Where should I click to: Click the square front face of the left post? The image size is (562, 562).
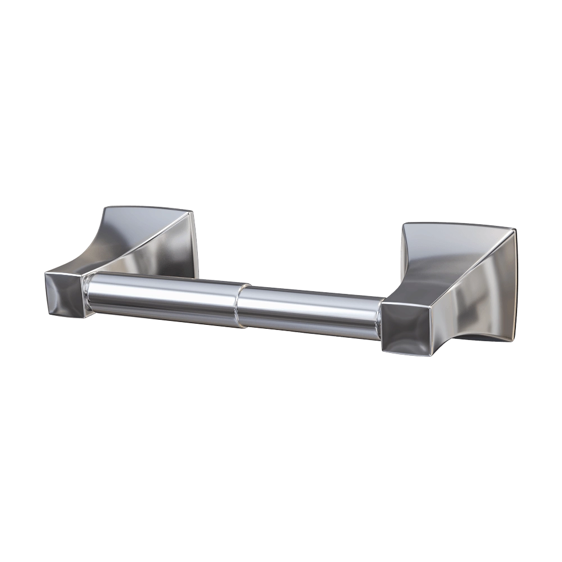63,293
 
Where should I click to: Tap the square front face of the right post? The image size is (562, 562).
407,329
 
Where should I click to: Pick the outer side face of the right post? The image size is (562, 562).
483,298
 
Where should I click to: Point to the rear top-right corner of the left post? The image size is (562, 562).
194,212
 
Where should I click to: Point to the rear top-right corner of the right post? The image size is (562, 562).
514,228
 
